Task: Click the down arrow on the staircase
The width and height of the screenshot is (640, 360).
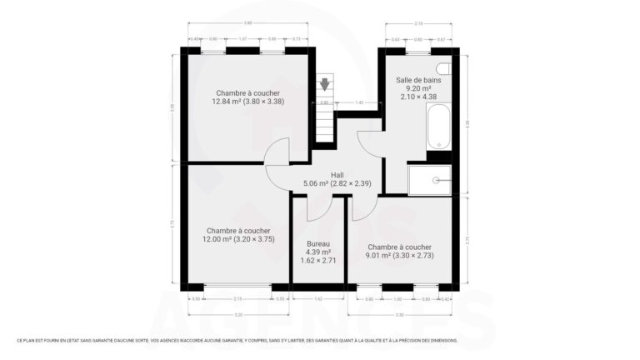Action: coord(325,83)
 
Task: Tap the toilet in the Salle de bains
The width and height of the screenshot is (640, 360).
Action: coord(442,68)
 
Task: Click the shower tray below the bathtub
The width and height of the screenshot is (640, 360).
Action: coord(430,179)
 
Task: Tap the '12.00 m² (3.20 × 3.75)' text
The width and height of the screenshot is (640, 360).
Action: coord(238,239)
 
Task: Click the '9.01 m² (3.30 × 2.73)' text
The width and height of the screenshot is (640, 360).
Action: coord(399,256)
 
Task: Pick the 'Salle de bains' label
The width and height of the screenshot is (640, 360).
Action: coord(418,79)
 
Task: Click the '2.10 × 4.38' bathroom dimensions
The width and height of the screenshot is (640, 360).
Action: coord(418,97)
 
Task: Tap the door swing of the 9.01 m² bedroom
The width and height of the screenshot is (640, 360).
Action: coord(364,208)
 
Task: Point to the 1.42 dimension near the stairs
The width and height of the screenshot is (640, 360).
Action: coord(359,102)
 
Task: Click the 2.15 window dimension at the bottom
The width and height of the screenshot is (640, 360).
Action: coord(237,298)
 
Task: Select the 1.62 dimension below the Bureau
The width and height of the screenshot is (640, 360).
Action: coord(318,298)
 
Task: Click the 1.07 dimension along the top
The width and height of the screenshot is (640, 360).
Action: coord(242,39)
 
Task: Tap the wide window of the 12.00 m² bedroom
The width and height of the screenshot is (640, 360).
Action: coord(237,287)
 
